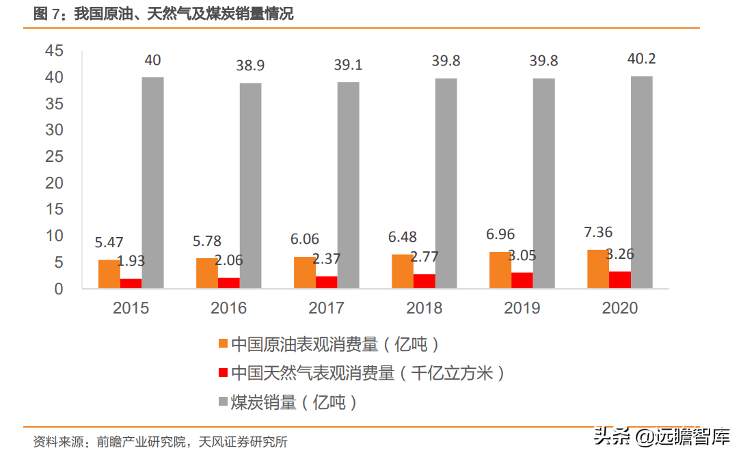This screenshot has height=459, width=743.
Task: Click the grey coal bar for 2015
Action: tap(152, 182)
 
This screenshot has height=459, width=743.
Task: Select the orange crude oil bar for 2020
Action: tap(598, 269)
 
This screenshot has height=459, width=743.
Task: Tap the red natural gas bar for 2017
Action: tap(326, 282)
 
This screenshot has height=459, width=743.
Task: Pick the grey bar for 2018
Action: tap(446, 183)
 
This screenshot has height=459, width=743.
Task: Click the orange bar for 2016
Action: tap(206, 273)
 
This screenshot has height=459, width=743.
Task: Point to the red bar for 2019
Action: tap(522, 280)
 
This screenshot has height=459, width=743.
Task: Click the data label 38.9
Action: tap(250, 66)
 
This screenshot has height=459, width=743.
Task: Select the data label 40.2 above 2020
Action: tap(641, 59)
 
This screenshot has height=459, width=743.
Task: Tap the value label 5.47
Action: tap(109, 242)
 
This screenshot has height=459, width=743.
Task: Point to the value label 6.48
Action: tap(402, 237)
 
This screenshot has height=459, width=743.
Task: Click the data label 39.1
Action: tap(348, 65)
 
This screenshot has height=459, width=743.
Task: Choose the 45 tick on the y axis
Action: tap(54, 51)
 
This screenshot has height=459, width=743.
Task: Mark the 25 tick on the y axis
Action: tap(54, 156)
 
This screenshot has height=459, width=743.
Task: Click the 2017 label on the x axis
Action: tap(326, 308)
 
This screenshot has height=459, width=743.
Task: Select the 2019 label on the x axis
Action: tap(522, 308)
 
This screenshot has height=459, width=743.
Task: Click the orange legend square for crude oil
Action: tap(223, 344)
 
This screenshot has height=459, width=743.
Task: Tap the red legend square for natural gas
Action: tap(223, 373)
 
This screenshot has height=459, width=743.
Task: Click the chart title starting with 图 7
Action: tap(163, 14)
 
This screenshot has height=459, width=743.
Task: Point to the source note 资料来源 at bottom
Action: tap(160, 442)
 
